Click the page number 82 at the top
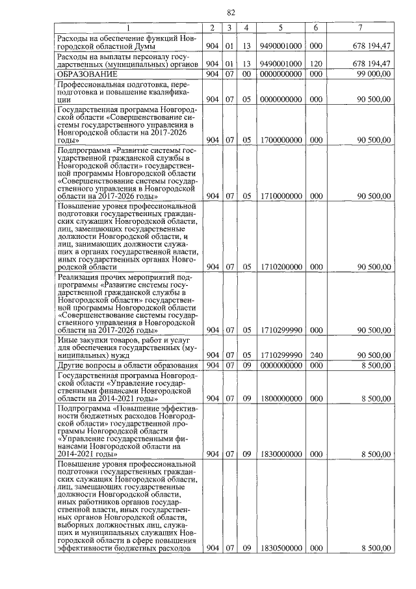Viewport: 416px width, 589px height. click(x=231, y=12)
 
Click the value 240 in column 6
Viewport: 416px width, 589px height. click(x=315, y=355)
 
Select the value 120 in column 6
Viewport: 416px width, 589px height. click(x=315, y=64)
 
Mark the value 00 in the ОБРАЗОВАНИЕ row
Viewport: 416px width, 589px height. click(x=246, y=75)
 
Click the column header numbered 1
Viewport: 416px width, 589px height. click(x=128, y=27)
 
